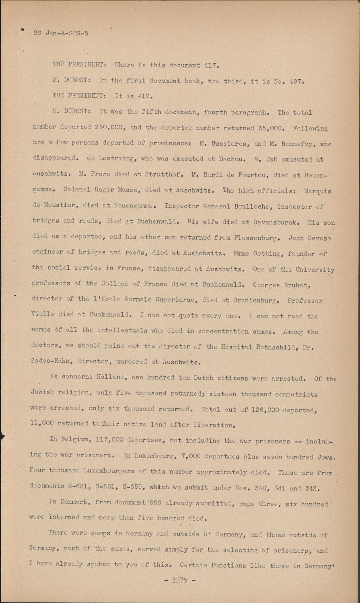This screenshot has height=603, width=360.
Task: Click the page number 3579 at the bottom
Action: click(x=180, y=580)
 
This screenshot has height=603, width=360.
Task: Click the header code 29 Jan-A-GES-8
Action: click(x=61, y=33)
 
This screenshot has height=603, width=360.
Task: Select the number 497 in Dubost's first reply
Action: click(x=294, y=80)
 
